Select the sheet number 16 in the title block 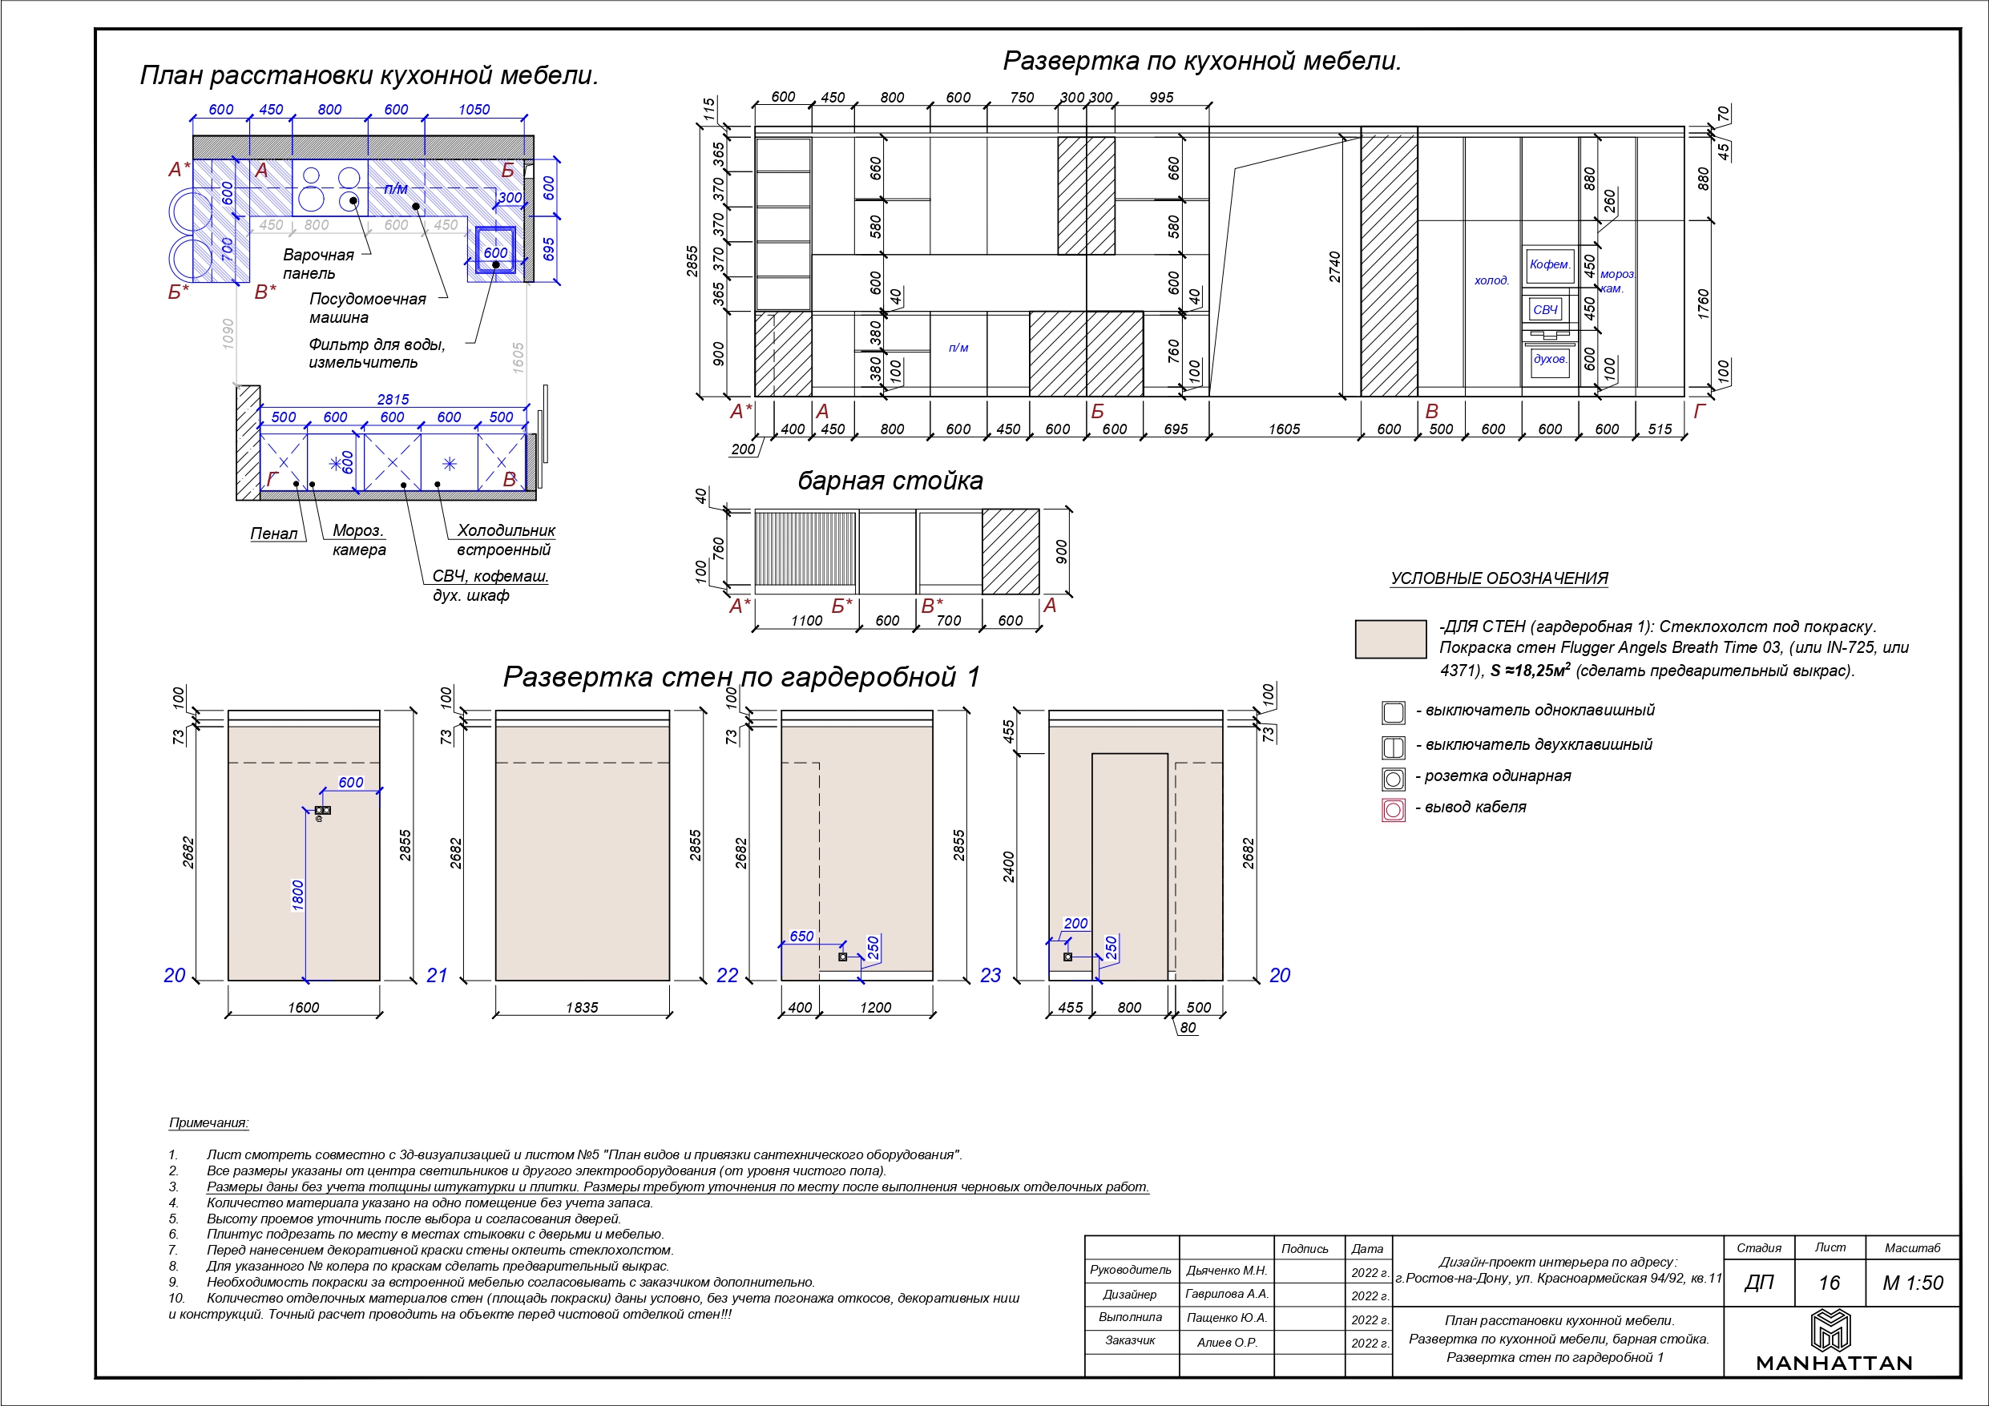(x=1829, y=1283)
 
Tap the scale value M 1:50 (x=1913, y=1283)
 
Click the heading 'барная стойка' (x=890, y=481)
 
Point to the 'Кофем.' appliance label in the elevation (x=1550, y=264)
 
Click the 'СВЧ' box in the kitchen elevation (x=1546, y=309)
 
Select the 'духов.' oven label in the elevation (x=1550, y=359)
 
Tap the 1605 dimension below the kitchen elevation (x=1284, y=429)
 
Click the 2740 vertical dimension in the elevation (x=1335, y=267)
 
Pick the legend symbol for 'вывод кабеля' (x=1393, y=810)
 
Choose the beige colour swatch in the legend (x=1390, y=639)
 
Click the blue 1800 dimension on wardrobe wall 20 (x=298, y=895)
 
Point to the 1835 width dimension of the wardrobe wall (x=582, y=1008)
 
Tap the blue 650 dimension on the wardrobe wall (x=801, y=937)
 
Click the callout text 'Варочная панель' (x=318, y=264)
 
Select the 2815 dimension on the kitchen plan (x=393, y=399)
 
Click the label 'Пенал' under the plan (x=274, y=534)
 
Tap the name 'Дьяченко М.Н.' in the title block (x=1227, y=1271)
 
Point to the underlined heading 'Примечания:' (x=209, y=1122)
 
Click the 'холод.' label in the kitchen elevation (x=1492, y=280)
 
